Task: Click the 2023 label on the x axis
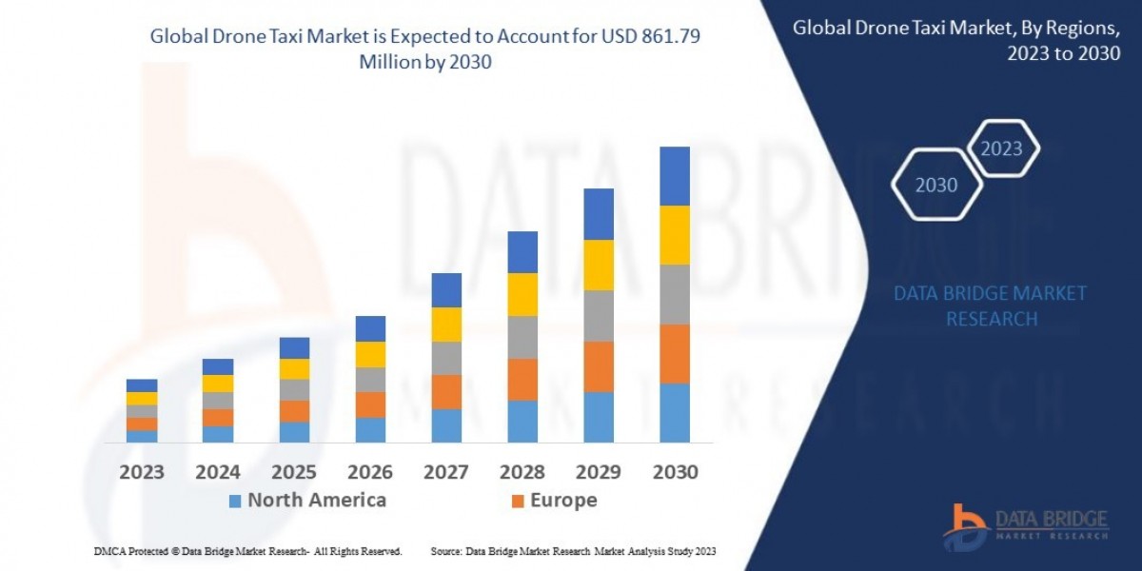click(142, 472)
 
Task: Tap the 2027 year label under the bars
click(446, 472)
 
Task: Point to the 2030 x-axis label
click(675, 472)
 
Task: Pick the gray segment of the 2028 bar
click(522, 337)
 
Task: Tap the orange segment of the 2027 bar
click(446, 392)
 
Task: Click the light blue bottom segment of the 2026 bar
click(370, 430)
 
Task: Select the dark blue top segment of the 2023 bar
click(142, 385)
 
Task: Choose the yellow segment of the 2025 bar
click(294, 369)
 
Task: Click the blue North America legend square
click(235, 501)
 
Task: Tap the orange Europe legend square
click(518, 501)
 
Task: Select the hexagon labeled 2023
click(1001, 148)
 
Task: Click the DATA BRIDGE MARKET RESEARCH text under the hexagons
click(991, 305)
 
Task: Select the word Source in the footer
click(446, 551)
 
